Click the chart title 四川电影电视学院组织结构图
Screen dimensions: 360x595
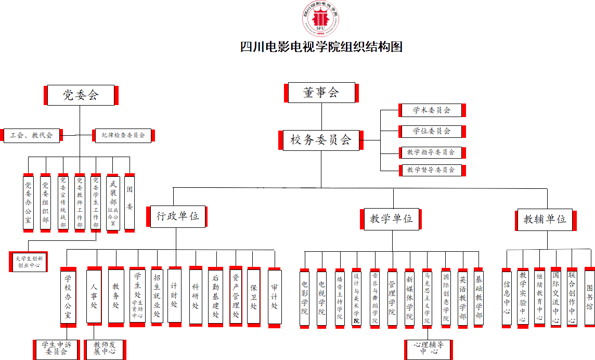pos(321,47)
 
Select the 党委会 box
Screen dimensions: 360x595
pos(81,95)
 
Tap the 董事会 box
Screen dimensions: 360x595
pos(321,93)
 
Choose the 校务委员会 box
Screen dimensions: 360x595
pos(321,140)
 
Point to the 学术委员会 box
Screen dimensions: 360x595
pos(432,110)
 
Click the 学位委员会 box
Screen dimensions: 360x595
pos(432,131)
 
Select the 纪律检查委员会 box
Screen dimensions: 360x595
pos(123,135)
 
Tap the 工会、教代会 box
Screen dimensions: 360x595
pos(31,135)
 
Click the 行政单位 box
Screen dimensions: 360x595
pos(178,216)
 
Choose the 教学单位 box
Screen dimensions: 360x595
pos(392,219)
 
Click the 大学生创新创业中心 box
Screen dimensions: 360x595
pos(29,261)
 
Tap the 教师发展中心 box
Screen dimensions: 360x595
pos(105,349)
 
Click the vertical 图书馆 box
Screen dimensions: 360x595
pos(589,297)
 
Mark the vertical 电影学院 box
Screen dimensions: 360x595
pos(305,298)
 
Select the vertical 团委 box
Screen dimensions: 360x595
pos(130,202)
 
